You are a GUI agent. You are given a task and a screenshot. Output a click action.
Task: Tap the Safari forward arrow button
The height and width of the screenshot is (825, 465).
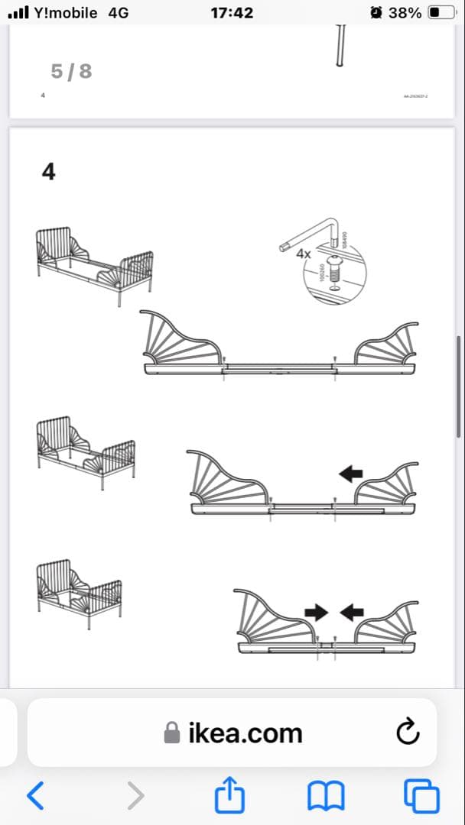click(135, 795)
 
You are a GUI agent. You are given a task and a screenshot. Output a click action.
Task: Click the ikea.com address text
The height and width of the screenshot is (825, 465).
click(245, 733)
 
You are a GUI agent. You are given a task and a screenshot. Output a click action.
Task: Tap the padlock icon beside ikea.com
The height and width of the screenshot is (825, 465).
click(173, 733)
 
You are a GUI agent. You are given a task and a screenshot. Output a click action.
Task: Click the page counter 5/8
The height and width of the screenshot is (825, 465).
click(71, 71)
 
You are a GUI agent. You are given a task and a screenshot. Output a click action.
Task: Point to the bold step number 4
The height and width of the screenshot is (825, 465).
click(48, 172)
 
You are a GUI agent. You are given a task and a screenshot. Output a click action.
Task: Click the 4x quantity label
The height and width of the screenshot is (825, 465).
click(304, 253)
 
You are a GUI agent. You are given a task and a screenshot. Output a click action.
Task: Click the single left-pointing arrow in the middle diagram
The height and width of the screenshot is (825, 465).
click(351, 474)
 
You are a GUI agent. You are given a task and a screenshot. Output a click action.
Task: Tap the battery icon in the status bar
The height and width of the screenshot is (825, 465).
click(441, 13)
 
